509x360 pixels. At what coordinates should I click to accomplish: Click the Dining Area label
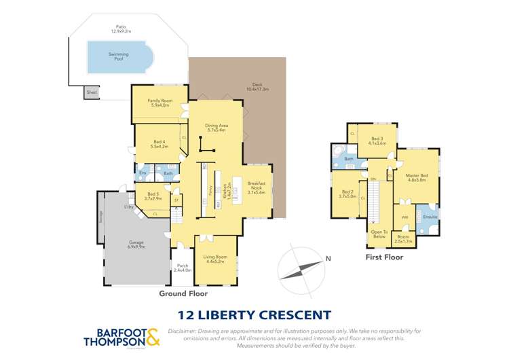click(x=215, y=128)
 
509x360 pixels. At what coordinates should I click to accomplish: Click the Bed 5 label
click(x=154, y=196)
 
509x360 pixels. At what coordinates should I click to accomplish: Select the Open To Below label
click(x=379, y=234)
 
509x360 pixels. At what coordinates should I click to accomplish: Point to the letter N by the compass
click(x=328, y=258)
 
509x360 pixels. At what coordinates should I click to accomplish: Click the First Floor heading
click(x=384, y=257)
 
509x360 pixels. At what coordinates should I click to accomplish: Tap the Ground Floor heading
click(x=183, y=293)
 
